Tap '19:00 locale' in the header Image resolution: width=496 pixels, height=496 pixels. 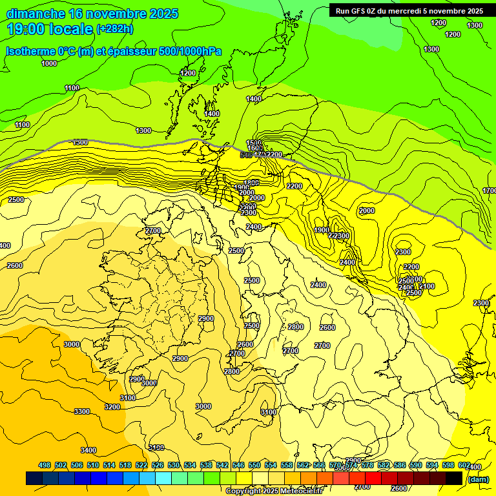pos(50,28)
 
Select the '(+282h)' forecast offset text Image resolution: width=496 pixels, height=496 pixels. pos(114,29)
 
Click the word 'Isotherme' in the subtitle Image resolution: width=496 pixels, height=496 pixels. pos(30,51)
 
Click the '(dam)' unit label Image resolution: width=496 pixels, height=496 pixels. pos(477,479)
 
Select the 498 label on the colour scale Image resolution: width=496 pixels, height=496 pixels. pos(45,465)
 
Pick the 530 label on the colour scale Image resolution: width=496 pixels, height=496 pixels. pos(174,465)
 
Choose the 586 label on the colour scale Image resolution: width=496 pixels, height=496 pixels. pos(400,465)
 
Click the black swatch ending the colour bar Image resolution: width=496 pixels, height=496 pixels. pos(454,478)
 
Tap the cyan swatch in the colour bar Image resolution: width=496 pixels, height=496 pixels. pos(163,478)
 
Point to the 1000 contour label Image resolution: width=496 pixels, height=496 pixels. pos(49,63)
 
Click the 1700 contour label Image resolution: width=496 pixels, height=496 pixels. pos(490,191)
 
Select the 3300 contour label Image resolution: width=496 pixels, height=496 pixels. pos(82,411)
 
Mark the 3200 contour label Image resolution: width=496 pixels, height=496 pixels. pos(112,407)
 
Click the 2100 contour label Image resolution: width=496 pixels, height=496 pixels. pos(427,286)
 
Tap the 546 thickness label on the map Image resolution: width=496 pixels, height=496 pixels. pos(246,155)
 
